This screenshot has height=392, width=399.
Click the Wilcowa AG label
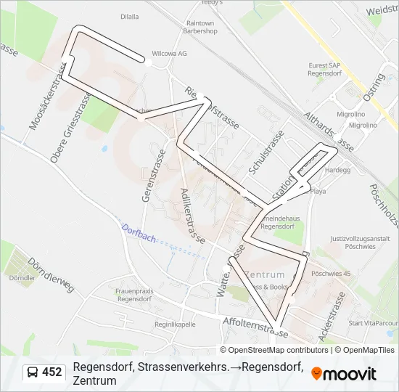pos(169,53)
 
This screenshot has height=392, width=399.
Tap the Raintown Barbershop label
pos(202,28)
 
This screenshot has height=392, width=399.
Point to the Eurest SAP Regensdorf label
pos(324,69)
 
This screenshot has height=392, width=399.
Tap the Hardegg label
pos(337,171)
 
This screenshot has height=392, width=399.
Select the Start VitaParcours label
pos(374,323)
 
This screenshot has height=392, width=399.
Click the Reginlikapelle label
pos(176,324)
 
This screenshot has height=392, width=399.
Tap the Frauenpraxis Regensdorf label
pos(133,295)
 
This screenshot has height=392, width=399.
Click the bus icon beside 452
pos(33,372)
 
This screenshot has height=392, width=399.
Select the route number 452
pos(52,372)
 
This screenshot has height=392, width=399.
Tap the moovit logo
pos(343,373)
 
